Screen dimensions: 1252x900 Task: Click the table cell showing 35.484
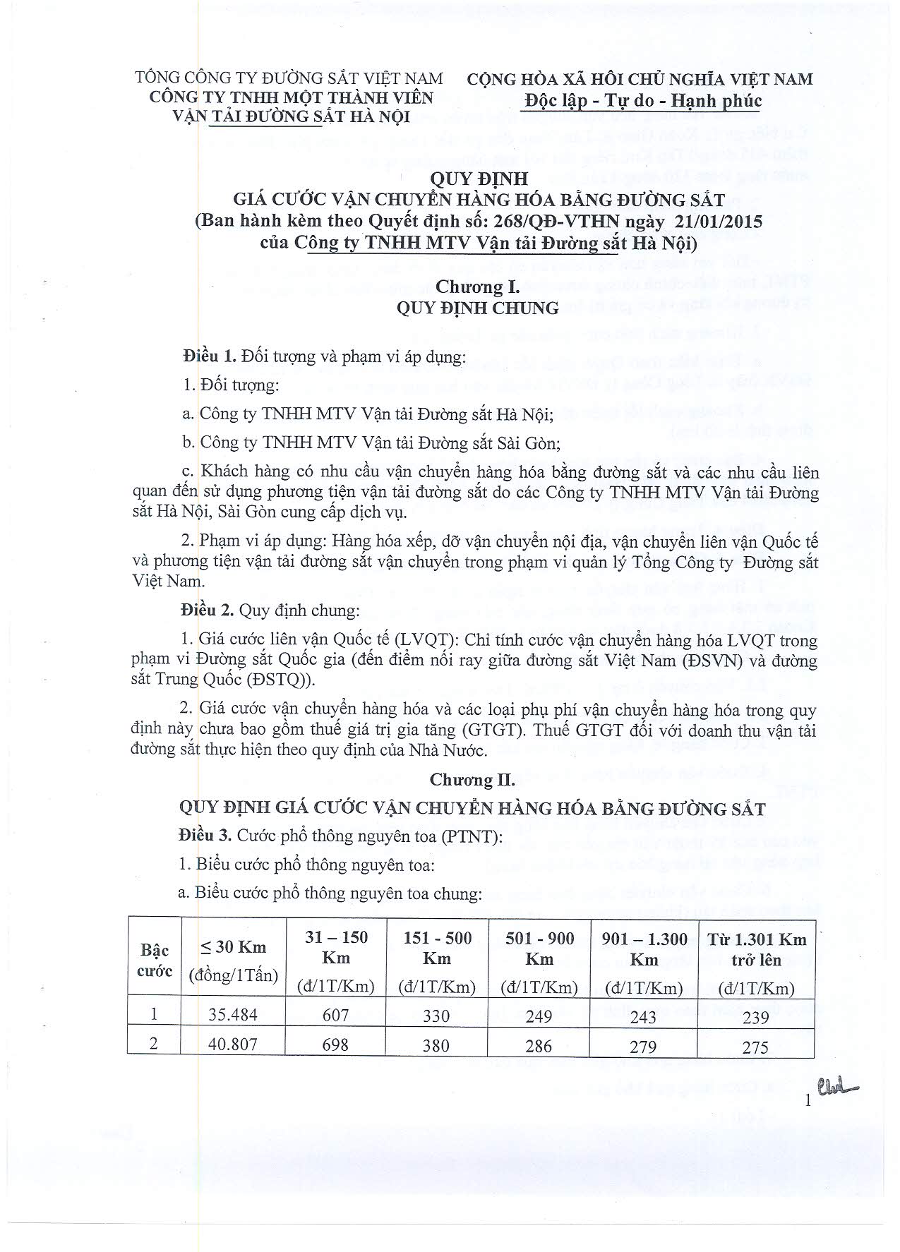pos(233,1015)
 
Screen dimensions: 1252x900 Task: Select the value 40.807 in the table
pos(233,1044)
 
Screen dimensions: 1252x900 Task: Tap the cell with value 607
pos(335,1015)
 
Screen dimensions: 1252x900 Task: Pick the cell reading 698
pos(335,1044)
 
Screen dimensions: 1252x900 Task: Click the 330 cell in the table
pos(436,1015)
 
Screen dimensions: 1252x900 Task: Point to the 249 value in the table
pos(539,1015)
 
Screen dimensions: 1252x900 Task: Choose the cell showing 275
pos(755,1046)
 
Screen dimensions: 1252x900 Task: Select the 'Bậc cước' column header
pos(155,960)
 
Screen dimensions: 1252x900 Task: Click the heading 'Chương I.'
pos(477,287)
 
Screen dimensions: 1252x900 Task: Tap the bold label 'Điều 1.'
pos(208,356)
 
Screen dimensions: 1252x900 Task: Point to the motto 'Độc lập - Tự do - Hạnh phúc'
pos(643,101)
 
